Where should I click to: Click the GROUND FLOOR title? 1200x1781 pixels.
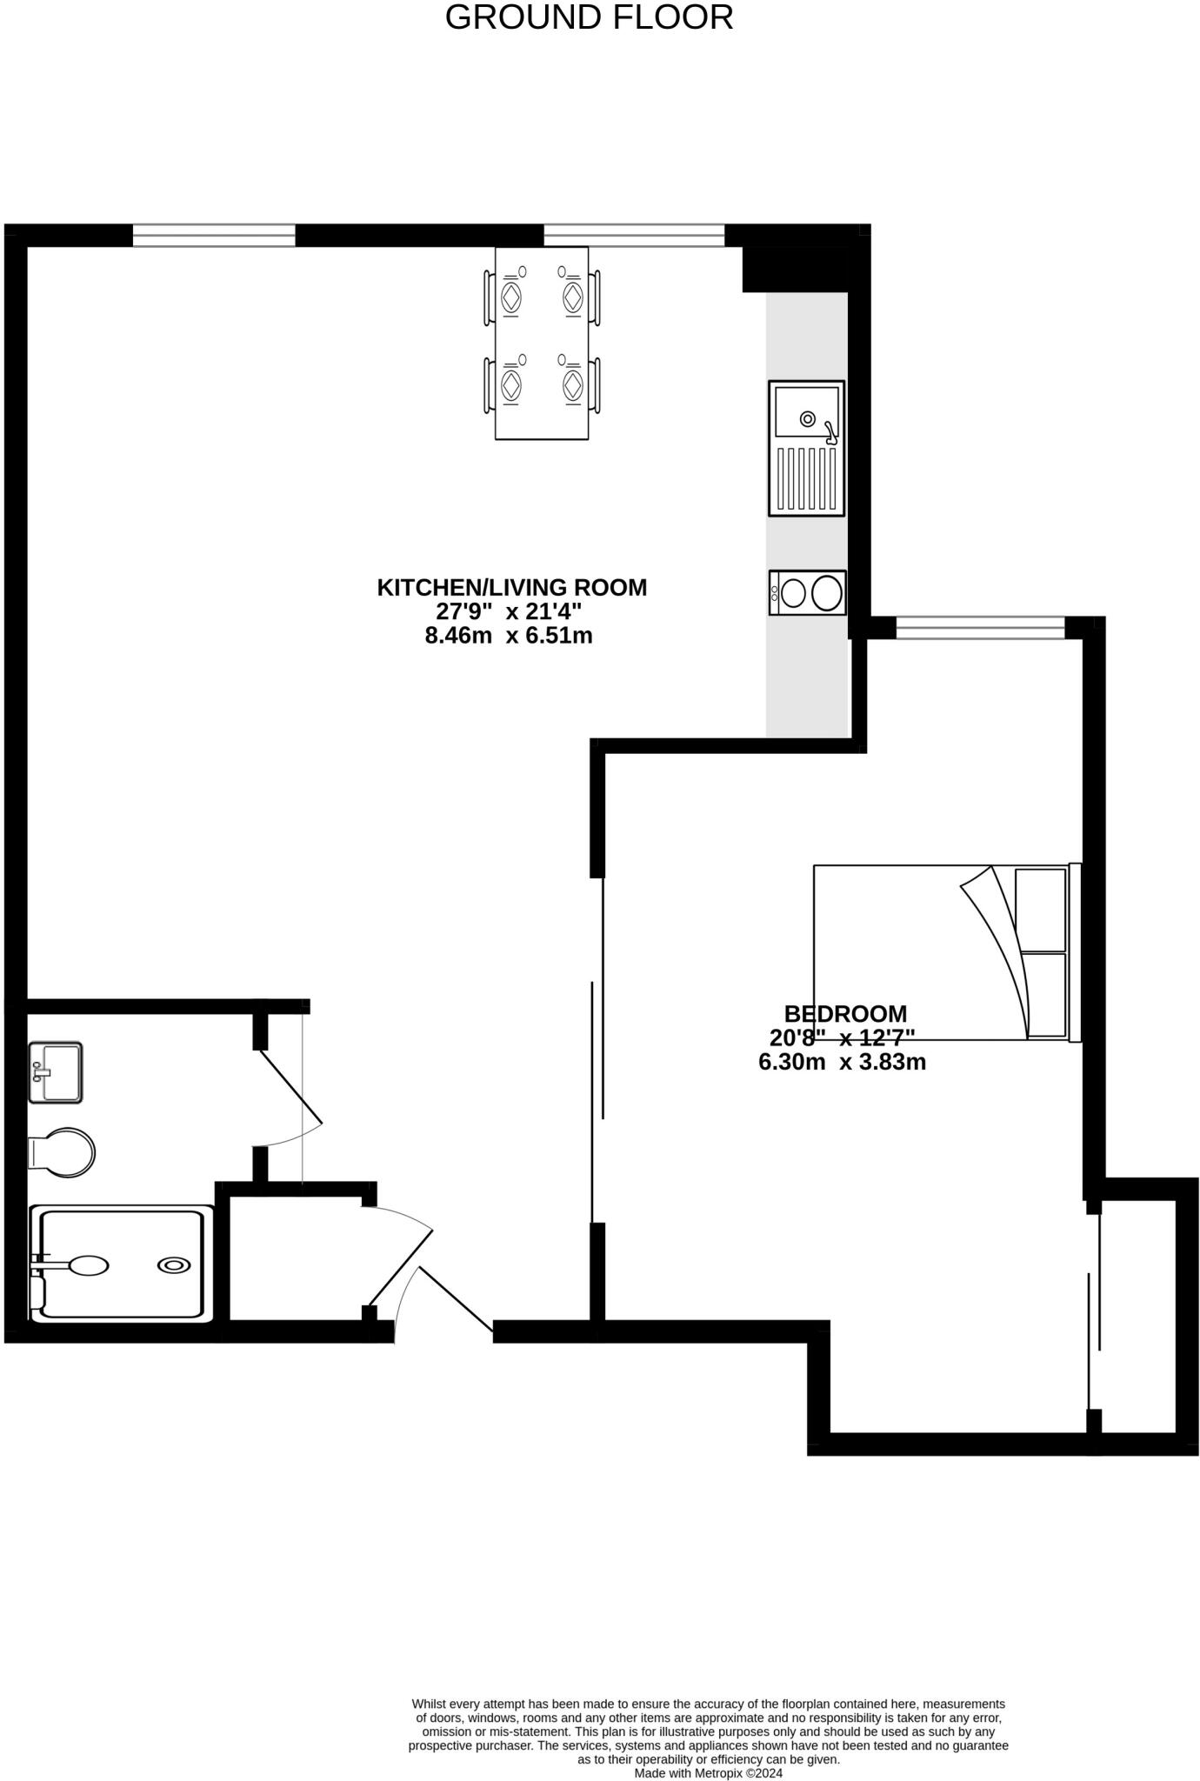pyautogui.click(x=589, y=17)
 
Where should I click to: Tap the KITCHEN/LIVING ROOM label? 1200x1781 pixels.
pyautogui.click(x=511, y=588)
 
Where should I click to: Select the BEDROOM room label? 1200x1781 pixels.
pyautogui.click(x=845, y=1014)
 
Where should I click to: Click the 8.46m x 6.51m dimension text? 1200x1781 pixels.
pyautogui.click(x=509, y=636)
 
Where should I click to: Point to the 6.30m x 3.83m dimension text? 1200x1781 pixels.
pyautogui.click(x=842, y=1062)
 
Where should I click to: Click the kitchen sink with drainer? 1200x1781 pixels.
pyautogui.click(x=806, y=448)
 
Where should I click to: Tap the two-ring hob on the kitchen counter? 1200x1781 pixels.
pyautogui.click(x=807, y=593)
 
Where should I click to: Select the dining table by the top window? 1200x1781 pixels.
pyautogui.click(x=542, y=344)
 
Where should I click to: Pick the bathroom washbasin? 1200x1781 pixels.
pyautogui.click(x=56, y=1072)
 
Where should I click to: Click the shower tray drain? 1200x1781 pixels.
pyautogui.click(x=174, y=1266)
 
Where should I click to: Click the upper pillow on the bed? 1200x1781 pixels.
pyautogui.click(x=1041, y=910)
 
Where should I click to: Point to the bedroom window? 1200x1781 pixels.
pyautogui.click(x=980, y=627)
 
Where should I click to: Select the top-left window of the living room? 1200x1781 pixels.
pyautogui.click(x=214, y=235)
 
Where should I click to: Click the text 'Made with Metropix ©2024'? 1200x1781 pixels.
pyautogui.click(x=709, y=1773)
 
